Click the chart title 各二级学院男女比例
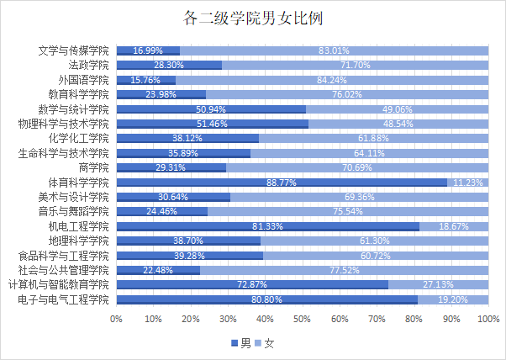coord(253,18)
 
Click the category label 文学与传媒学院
coord(74,51)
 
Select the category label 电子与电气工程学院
coord(64,299)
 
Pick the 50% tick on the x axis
coord(303,318)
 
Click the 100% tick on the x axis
coord(488,318)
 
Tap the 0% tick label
coord(116,318)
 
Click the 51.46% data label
coord(213,124)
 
